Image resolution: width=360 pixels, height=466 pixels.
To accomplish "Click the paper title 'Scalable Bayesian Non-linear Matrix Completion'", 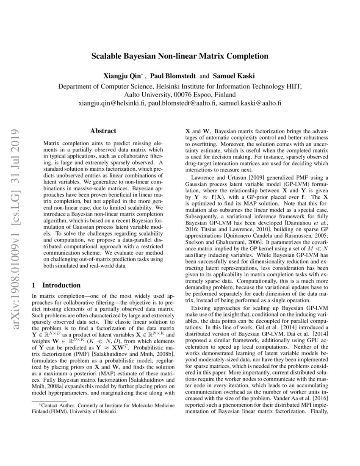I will [180, 56].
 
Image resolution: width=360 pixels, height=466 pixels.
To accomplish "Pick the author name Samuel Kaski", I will [234, 76].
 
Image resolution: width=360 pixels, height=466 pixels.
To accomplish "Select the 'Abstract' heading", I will [103, 132].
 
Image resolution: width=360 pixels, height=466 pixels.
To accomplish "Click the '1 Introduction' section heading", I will [57, 285].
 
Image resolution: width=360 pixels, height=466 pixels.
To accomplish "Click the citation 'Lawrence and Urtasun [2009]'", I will [227, 177].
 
